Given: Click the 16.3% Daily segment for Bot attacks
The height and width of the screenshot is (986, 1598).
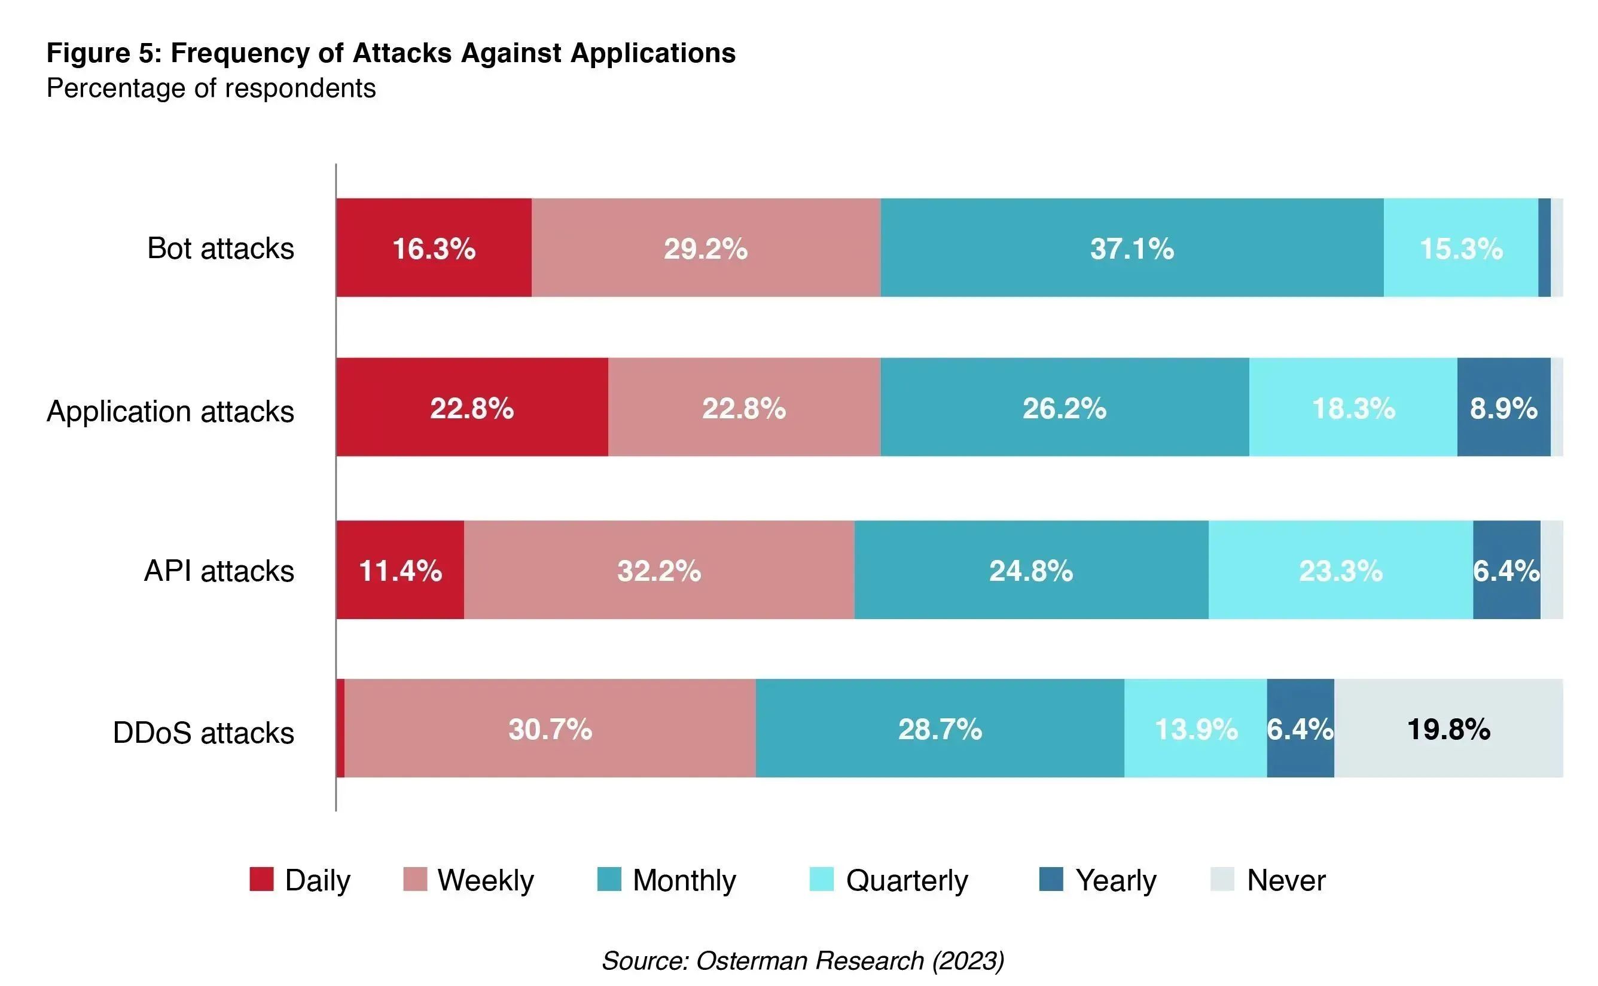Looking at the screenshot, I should (x=434, y=248).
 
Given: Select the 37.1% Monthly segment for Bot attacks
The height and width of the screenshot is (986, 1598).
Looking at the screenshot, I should (x=1132, y=248).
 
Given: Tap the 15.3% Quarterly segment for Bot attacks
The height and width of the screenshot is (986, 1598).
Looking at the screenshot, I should (x=1460, y=248).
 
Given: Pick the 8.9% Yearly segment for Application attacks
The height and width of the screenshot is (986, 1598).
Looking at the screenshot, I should (x=1504, y=408).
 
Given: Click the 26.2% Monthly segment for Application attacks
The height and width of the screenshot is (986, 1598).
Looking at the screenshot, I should (x=1065, y=408).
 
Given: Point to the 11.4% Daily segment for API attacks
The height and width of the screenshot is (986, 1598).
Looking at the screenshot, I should (x=400, y=570).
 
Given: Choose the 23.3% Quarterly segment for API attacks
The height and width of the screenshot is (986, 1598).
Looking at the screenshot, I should (x=1340, y=570).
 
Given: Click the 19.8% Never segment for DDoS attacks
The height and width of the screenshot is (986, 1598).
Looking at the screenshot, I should (x=1448, y=728).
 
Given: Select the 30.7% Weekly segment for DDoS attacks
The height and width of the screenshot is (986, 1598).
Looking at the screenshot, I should (x=550, y=728).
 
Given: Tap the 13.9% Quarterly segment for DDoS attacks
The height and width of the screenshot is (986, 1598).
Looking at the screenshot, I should (x=1196, y=728).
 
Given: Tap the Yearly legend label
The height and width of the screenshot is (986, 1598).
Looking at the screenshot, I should (x=1116, y=880).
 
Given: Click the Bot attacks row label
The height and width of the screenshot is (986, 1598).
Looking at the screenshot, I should (x=221, y=249).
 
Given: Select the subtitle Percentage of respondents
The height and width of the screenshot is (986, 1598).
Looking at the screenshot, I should (x=211, y=88).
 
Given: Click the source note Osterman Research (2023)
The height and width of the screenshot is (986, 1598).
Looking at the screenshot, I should (x=803, y=960).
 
